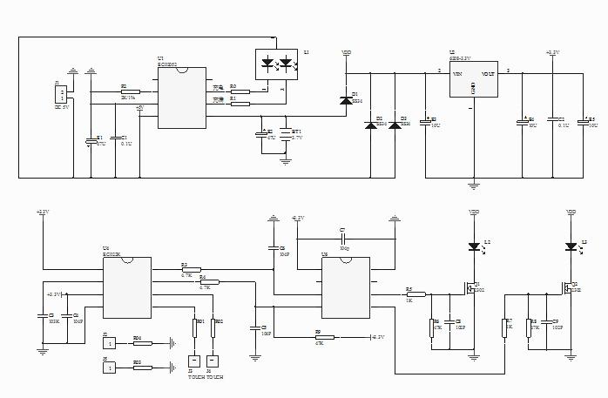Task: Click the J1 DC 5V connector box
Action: point(60,94)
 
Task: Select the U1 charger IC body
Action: point(183,98)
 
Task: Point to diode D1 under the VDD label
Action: point(346,100)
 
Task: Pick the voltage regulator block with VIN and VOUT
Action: point(473,80)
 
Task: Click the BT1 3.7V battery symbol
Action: point(285,133)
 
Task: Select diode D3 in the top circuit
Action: point(395,125)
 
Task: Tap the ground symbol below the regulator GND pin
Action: point(473,184)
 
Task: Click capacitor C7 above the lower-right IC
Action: point(343,238)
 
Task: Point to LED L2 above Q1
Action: point(474,246)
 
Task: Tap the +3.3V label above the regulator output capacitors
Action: point(552,53)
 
